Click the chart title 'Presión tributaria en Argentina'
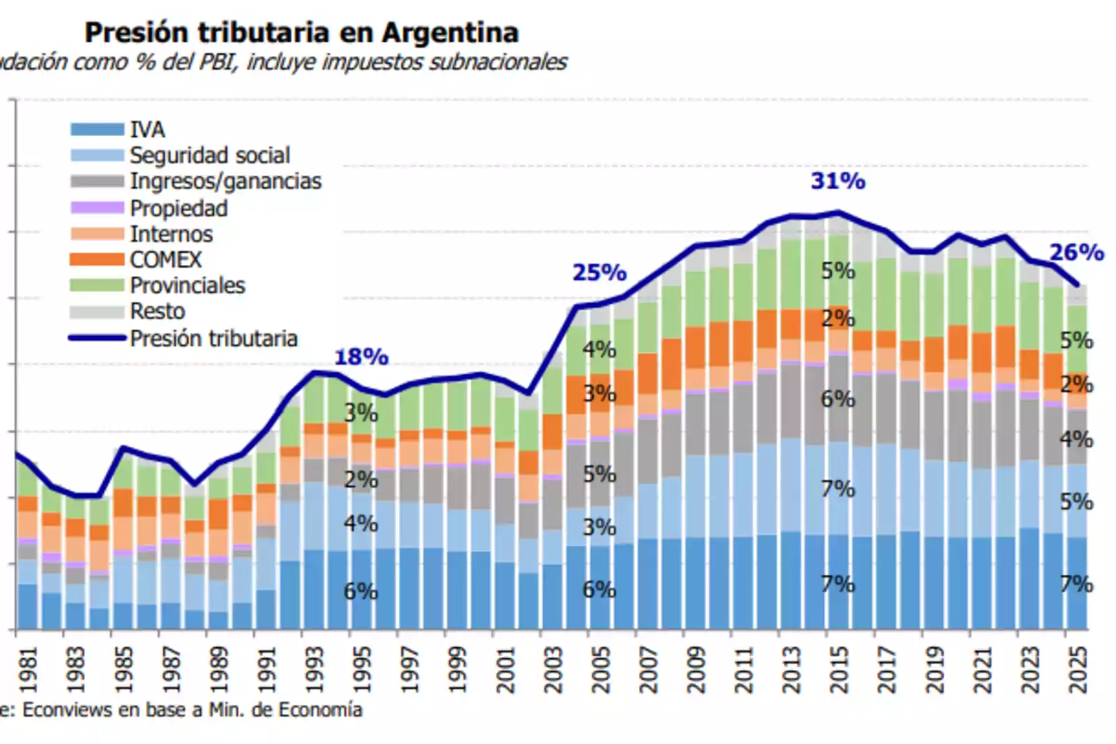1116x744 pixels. pyautogui.click(x=301, y=33)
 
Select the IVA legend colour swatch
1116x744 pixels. pyautogui.click(x=97, y=130)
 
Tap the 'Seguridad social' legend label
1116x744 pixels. pyautogui.click(x=209, y=155)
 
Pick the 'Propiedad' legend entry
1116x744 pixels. pyautogui.click(x=179, y=208)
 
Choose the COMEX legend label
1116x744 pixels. pyautogui.click(x=165, y=259)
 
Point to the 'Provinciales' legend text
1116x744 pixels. pyautogui.click(x=188, y=285)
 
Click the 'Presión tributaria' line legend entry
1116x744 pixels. pyautogui.click(x=213, y=338)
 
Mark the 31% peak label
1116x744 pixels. pyautogui.click(x=838, y=181)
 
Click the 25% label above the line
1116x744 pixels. pyautogui.click(x=599, y=273)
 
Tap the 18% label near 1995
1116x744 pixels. pyautogui.click(x=361, y=357)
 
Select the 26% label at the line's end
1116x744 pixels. pyautogui.click(x=1076, y=252)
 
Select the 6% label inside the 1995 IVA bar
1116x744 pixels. pyautogui.click(x=361, y=591)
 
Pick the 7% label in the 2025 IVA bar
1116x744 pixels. pyautogui.click(x=1076, y=584)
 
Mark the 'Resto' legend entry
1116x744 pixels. pyautogui.click(x=158, y=311)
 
